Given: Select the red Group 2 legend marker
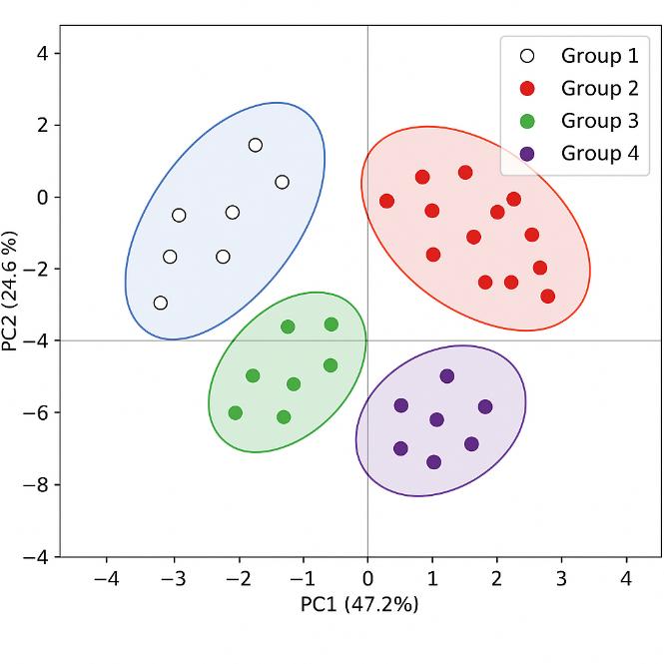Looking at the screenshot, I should click(x=528, y=88).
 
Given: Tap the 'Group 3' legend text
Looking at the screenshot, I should click(x=599, y=121).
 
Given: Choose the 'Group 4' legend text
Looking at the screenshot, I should click(x=599, y=153).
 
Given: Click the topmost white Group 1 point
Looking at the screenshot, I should click(x=256, y=145).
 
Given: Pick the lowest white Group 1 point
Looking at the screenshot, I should click(x=161, y=303).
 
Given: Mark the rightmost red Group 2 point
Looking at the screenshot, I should click(x=547, y=296).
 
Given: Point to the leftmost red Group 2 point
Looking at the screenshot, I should click(x=386, y=201).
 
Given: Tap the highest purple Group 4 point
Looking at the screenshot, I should click(x=447, y=376).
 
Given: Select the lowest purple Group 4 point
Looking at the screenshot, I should click(x=433, y=462).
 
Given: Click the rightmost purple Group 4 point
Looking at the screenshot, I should click(x=485, y=406).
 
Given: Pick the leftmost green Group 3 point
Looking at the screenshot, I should click(x=236, y=412).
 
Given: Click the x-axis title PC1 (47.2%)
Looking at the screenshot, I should click(x=359, y=605).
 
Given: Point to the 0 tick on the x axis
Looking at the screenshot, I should click(x=367, y=579).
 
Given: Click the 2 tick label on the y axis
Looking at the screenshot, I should click(x=42, y=125).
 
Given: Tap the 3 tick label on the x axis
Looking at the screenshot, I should click(x=561, y=579).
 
